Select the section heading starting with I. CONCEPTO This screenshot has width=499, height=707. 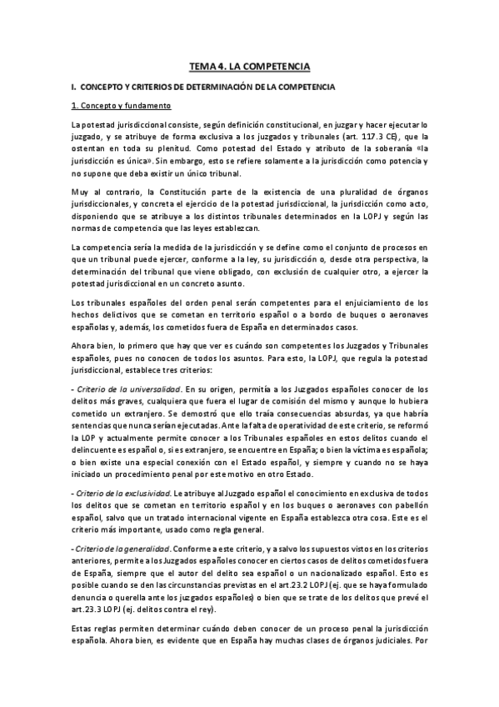[203, 86]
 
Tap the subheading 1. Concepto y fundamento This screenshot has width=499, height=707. [121, 106]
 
